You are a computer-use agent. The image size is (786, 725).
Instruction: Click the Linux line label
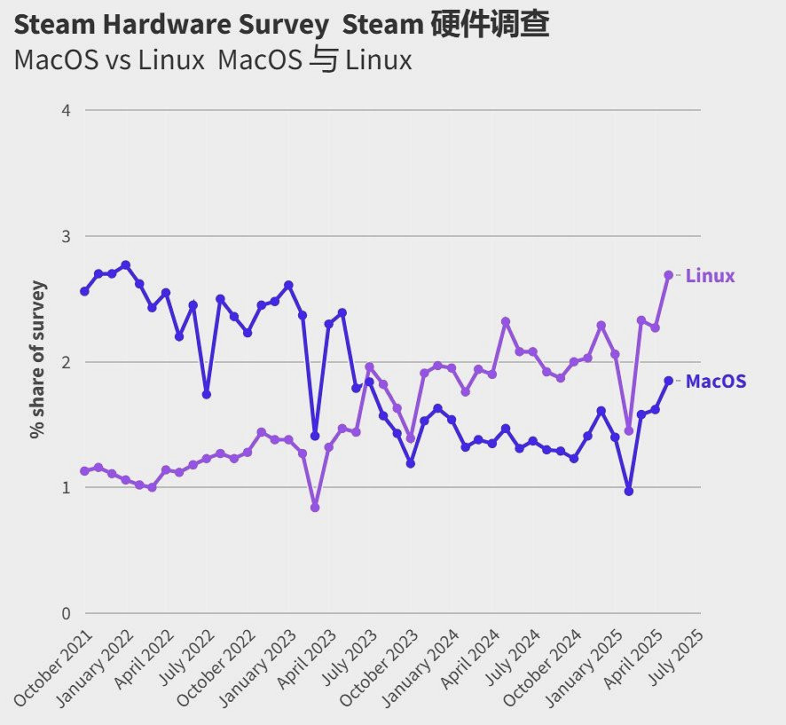pos(711,276)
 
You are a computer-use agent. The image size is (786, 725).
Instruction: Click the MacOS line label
pos(716,382)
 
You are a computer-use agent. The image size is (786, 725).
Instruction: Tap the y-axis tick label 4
pos(66,110)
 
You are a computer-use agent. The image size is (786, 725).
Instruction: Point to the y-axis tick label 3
pos(66,236)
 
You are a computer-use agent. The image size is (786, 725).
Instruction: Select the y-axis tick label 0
pos(66,613)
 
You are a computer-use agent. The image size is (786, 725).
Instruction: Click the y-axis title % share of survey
pos(37,359)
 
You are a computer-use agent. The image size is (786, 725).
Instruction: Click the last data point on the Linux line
pos(669,275)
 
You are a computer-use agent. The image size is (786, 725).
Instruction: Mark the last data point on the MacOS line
pos(669,381)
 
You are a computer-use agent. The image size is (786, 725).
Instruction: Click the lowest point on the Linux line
pos(315,508)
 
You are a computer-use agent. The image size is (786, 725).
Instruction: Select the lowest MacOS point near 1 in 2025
pos(629,491)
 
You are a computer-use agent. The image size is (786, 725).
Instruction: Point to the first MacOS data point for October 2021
pos(85,291)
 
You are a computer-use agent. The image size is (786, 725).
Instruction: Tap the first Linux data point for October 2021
pos(85,471)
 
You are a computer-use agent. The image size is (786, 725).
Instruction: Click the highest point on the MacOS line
pos(126,264)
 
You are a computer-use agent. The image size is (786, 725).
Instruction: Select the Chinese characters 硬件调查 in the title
pos(490,25)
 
